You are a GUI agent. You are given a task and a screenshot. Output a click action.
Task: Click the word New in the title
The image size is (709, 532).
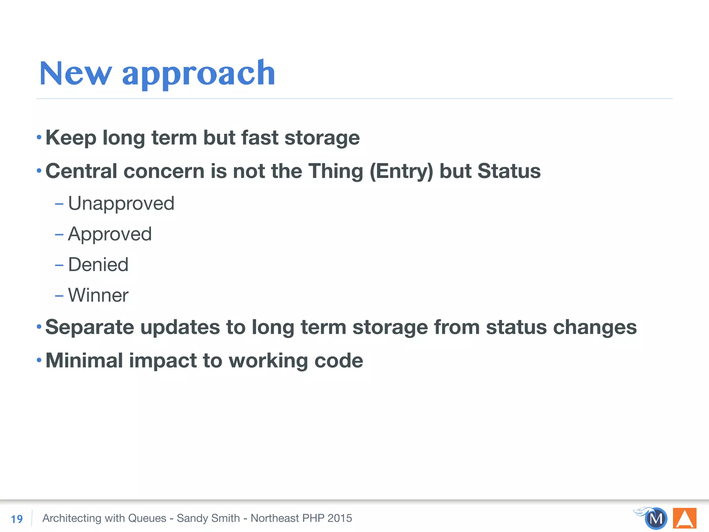[x=75, y=73]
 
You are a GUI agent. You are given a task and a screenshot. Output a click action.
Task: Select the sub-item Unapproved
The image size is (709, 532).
[x=121, y=204]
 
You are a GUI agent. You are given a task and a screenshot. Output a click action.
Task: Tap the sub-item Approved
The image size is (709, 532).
[x=110, y=234]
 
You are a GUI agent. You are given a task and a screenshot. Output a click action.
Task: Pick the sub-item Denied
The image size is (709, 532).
[x=98, y=265]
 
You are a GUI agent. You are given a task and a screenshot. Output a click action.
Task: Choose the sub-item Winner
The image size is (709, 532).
[x=98, y=295]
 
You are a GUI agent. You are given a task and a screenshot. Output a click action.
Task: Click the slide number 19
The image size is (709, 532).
[x=17, y=519]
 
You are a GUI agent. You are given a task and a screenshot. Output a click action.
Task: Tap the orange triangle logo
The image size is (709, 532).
[x=684, y=518]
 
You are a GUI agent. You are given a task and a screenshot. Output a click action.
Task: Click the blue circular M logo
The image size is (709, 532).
[x=656, y=518]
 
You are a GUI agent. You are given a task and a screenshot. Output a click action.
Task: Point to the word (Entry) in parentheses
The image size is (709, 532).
[x=401, y=171]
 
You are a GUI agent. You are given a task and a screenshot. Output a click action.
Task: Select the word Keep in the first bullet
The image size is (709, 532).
[x=71, y=138]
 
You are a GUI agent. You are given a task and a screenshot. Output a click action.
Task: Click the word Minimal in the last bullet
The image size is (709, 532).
[x=84, y=361]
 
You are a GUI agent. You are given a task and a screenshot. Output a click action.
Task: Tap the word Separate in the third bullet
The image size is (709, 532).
[x=90, y=327]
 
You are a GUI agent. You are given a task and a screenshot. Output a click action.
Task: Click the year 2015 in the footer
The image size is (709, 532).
[x=340, y=518]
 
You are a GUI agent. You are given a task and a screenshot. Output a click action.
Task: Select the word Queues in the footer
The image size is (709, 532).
[x=147, y=518]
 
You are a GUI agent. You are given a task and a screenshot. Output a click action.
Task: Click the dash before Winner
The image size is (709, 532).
[x=59, y=296]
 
